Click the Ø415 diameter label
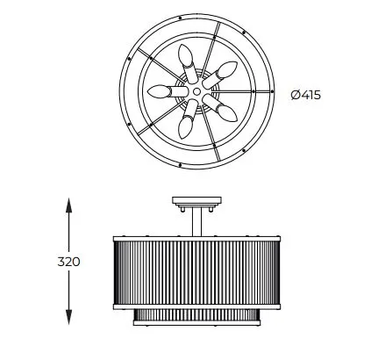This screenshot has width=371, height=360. coord(306,95)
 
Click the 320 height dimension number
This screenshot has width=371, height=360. coord(68,262)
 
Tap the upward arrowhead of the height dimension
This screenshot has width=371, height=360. coord(68,205)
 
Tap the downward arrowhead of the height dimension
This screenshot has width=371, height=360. coord(68,317)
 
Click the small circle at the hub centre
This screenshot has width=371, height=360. coord(197,91)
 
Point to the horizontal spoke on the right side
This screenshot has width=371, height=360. coord(242,91)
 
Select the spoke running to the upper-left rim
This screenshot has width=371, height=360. coord(158,63)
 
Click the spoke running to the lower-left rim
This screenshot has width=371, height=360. coord(159,119)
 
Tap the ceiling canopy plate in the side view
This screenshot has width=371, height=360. coord(196,200)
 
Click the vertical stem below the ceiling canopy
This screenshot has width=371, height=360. coord(196,221)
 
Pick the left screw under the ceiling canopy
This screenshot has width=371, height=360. coord(182,209)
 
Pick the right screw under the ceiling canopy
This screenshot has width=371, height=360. coord(211,209)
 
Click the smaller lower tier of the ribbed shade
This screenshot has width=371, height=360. coord(196,315)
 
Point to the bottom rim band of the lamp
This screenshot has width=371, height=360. coord(196,323)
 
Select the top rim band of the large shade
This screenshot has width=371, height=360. coord(196,239)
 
